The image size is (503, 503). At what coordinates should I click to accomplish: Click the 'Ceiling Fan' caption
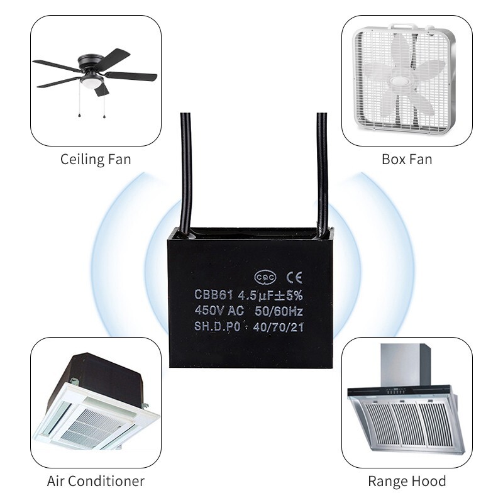tap(96, 160)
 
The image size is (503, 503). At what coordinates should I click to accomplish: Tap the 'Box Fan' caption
tap(407, 160)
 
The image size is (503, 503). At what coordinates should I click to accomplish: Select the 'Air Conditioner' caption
tap(96, 481)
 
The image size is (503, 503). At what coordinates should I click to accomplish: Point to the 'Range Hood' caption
tap(407, 481)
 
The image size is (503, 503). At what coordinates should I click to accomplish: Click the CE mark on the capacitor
tap(294, 277)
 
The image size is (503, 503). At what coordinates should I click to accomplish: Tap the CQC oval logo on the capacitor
tap(265, 277)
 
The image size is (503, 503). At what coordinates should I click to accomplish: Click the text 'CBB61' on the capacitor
tap(214, 294)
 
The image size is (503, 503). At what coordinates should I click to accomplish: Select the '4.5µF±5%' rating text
tap(270, 295)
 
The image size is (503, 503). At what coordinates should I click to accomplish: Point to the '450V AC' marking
tap(219, 311)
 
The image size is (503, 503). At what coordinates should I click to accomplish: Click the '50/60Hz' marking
tap(279, 311)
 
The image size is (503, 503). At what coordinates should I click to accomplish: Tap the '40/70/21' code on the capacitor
tap(278, 327)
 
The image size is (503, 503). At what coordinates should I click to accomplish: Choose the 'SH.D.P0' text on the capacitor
tap(217, 326)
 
